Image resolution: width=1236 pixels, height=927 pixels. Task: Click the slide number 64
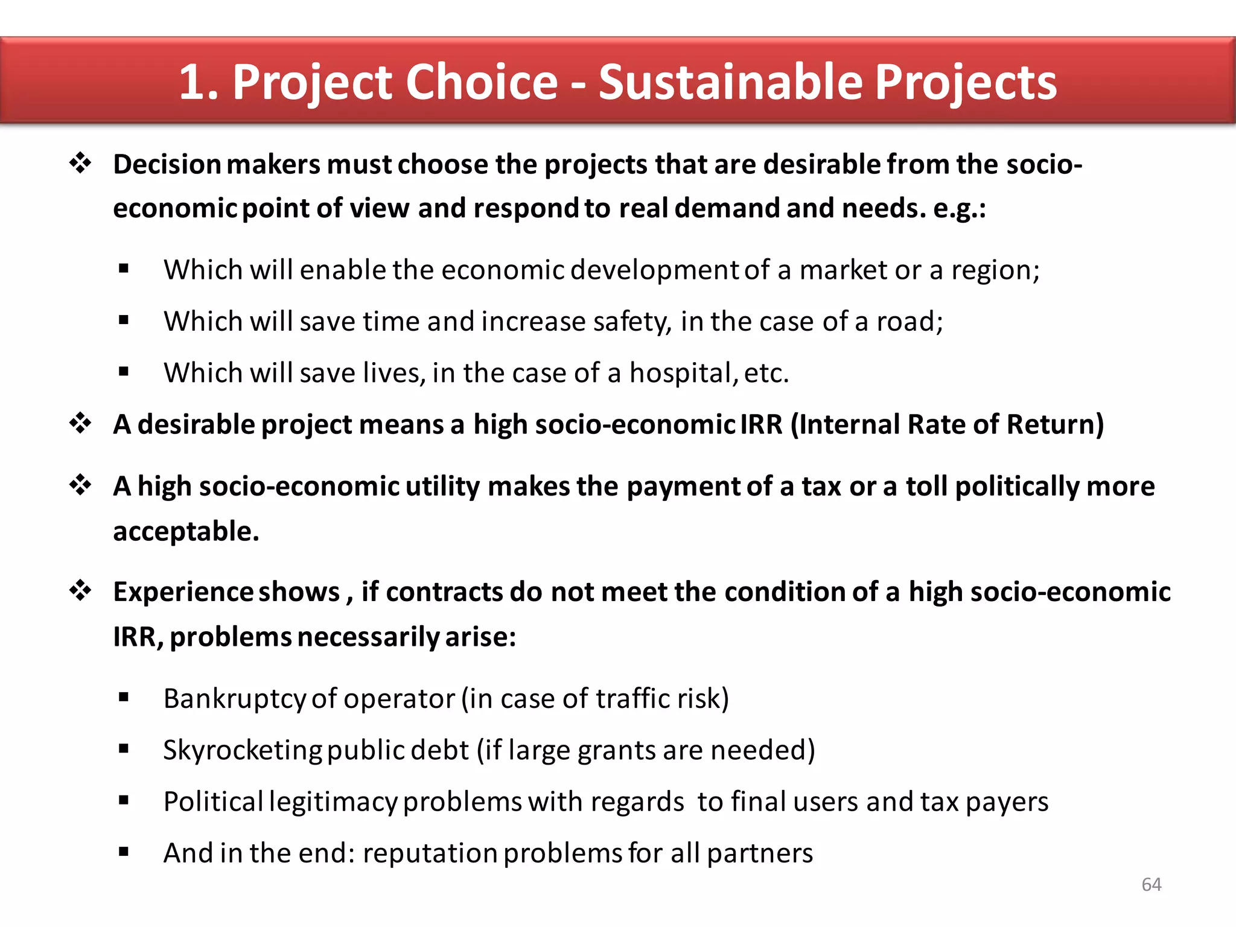click(x=1151, y=884)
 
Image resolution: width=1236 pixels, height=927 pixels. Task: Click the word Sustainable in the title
click(x=731, y=82)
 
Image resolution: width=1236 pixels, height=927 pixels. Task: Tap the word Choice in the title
click(x=482, y=82)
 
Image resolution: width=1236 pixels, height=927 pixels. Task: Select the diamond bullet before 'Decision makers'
click(x=80, y=163)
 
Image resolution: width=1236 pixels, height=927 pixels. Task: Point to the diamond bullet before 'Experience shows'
click(x=80, y=590)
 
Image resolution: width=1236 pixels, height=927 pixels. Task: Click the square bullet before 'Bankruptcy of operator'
click(x=124, y=698)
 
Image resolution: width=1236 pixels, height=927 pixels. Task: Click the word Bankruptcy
click(x=235, y=699)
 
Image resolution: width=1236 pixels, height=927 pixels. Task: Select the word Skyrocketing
click(x=243, y=751)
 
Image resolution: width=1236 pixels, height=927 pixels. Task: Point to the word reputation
click(x=430, y=853)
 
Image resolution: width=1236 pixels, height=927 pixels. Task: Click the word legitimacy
click(x=333, y=802)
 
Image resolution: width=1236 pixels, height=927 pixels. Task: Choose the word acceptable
click(x=185, y=532)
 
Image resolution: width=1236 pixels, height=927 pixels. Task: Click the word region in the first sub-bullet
click(x=994, y=270)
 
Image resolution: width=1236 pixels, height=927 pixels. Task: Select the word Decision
click(x=167, y=164)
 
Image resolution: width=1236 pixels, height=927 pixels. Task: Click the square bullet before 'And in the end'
click(x=124, y=852)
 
